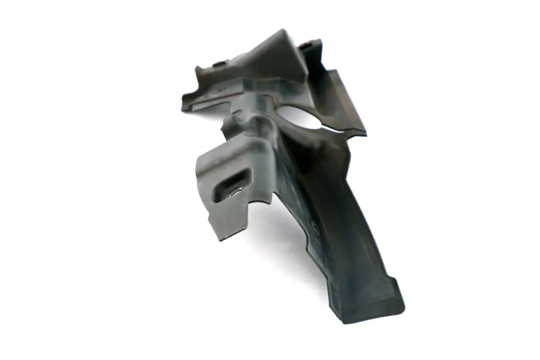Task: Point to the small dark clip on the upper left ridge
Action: [x=218, y=63]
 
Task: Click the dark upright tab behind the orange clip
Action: [x=315, y=55]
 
